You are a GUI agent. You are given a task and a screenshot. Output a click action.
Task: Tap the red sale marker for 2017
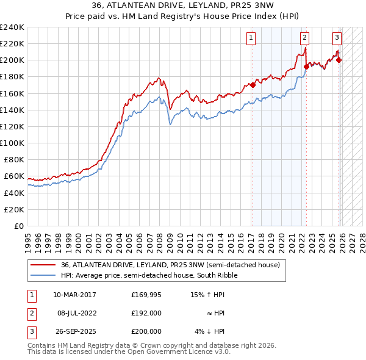tap(253, 85)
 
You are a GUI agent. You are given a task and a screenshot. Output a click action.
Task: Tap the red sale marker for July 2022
tap(306, 67)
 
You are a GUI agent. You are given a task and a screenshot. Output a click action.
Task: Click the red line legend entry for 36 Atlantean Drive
tap(170, 265)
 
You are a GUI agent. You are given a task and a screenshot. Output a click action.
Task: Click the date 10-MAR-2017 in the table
tap(74, 295)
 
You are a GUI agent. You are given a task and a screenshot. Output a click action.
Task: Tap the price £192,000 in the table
tap(146, 313)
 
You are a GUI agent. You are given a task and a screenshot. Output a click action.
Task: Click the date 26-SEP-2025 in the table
tap(74, 331)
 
